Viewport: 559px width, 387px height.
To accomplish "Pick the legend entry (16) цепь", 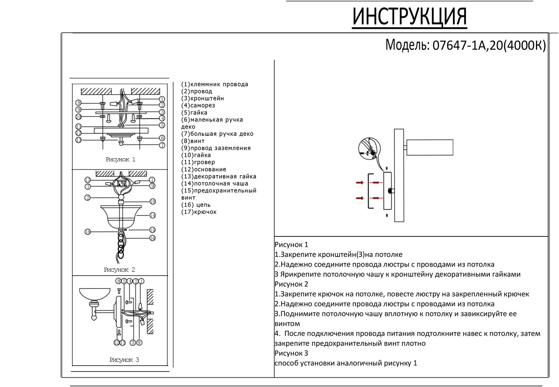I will (x=196, y=205).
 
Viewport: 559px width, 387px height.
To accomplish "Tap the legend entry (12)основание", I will (x=204, y=169).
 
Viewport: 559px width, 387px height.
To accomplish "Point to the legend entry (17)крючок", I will (x=199, y=212).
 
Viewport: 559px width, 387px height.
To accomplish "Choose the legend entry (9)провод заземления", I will (x=216, y=148).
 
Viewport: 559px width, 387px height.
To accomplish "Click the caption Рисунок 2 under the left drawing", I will (x=119, y=270).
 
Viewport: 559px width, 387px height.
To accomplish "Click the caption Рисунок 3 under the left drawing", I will (x=124, y=360).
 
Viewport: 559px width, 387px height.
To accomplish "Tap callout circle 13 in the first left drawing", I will (x=78, y=140).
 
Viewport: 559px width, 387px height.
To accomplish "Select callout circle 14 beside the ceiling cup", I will (x=153, y=215).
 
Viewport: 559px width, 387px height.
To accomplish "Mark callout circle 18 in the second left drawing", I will (x=88, y=232).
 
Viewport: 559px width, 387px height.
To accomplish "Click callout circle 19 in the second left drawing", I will (x=153, y=202).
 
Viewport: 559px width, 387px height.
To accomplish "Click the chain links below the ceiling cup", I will (x=121, y=244).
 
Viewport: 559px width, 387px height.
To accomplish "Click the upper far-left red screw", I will (x=359, y=183).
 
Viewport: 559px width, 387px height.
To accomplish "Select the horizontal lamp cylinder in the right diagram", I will (x=430, y=147).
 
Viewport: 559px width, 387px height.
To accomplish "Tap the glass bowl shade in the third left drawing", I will (x=95, y=294).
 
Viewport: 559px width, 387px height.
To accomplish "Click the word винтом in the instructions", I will (x=287, y=324).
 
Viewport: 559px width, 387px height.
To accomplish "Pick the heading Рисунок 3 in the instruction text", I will (x=291, y=353).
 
